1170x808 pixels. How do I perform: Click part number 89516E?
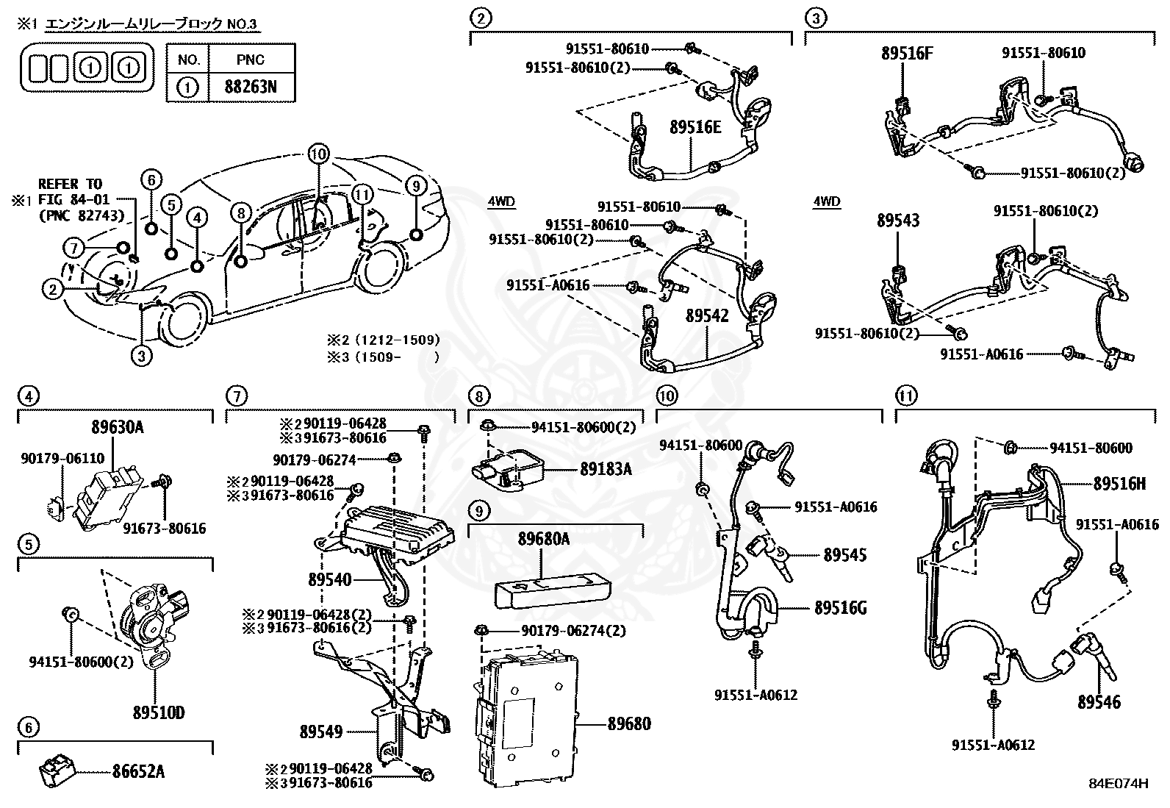695,127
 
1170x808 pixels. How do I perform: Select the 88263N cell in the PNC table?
251,87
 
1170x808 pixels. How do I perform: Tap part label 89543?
897,221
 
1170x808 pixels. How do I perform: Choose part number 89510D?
158,712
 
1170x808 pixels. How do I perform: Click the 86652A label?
138,771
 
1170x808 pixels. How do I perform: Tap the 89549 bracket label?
321,732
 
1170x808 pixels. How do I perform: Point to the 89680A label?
543,539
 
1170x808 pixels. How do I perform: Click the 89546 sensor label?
1099,702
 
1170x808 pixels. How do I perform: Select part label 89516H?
1119,483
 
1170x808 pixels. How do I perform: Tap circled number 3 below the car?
141,356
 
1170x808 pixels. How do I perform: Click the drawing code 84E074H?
1119,784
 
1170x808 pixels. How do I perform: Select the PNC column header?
251,60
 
